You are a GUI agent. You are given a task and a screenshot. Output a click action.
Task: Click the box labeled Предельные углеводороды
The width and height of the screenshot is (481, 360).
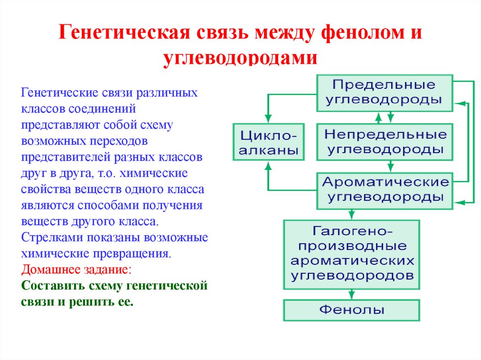385,92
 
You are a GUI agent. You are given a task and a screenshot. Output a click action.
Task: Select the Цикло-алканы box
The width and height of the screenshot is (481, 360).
269,142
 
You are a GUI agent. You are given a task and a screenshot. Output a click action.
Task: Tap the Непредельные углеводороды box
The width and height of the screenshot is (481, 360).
385,142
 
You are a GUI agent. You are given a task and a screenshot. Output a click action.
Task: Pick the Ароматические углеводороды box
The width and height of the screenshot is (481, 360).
385,190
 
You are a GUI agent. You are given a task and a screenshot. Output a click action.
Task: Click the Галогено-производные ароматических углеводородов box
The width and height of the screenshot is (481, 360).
351,253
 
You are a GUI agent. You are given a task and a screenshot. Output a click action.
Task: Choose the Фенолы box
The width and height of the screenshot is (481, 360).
351,310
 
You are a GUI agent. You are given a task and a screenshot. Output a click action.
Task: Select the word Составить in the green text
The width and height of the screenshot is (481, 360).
49,286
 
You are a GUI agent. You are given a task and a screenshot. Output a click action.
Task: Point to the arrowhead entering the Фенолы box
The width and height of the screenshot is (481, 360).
351,295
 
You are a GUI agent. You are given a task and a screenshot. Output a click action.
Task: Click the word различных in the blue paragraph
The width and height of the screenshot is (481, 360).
168,92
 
